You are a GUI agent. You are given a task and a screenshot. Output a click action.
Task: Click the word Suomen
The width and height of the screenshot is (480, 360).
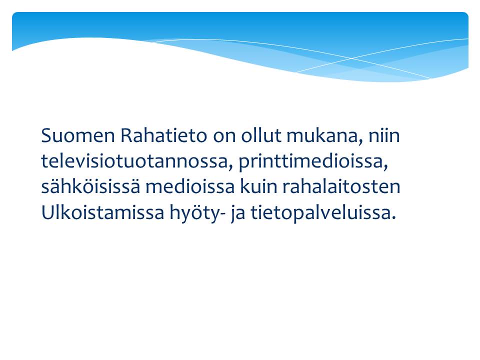[x=78, y=135]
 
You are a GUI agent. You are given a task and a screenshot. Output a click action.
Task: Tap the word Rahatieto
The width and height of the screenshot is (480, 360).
[x=164, y=135]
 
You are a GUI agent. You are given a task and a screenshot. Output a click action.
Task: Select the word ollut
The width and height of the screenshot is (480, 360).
[x=261, y=135]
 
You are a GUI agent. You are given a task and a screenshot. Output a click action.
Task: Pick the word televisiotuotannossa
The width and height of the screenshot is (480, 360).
[x=134, y=161]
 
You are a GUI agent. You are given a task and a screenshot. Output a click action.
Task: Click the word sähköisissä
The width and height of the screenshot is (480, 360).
[x=90, y=186]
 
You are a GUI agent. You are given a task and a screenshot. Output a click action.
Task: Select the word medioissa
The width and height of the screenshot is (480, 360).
[x=190, y=186]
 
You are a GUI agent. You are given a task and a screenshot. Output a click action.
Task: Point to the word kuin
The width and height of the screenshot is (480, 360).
[x=258, y=186]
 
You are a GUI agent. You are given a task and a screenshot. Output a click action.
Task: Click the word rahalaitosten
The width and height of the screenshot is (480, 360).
[x=341, y=186]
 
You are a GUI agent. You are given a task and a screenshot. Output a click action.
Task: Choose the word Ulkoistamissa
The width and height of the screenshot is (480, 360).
[x=103, y=212]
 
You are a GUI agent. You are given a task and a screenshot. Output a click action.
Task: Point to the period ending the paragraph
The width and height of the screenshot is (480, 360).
[x=394, y=218]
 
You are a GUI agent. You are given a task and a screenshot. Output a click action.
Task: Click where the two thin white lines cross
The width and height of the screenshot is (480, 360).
[x=351, y=58]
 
